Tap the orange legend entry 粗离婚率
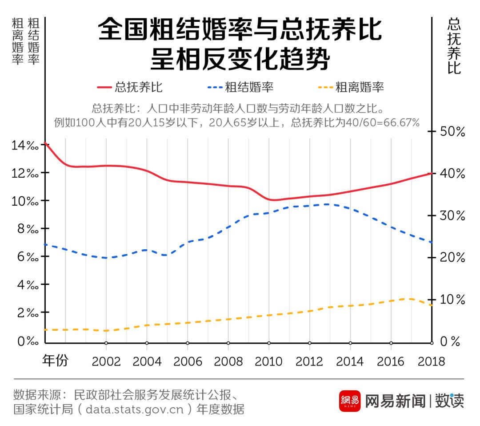pos(351,87)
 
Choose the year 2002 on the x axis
pos(106,361)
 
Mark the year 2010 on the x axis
pos(269,361)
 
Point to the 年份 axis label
pos(55,360)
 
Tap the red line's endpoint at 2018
pos(431,173)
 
